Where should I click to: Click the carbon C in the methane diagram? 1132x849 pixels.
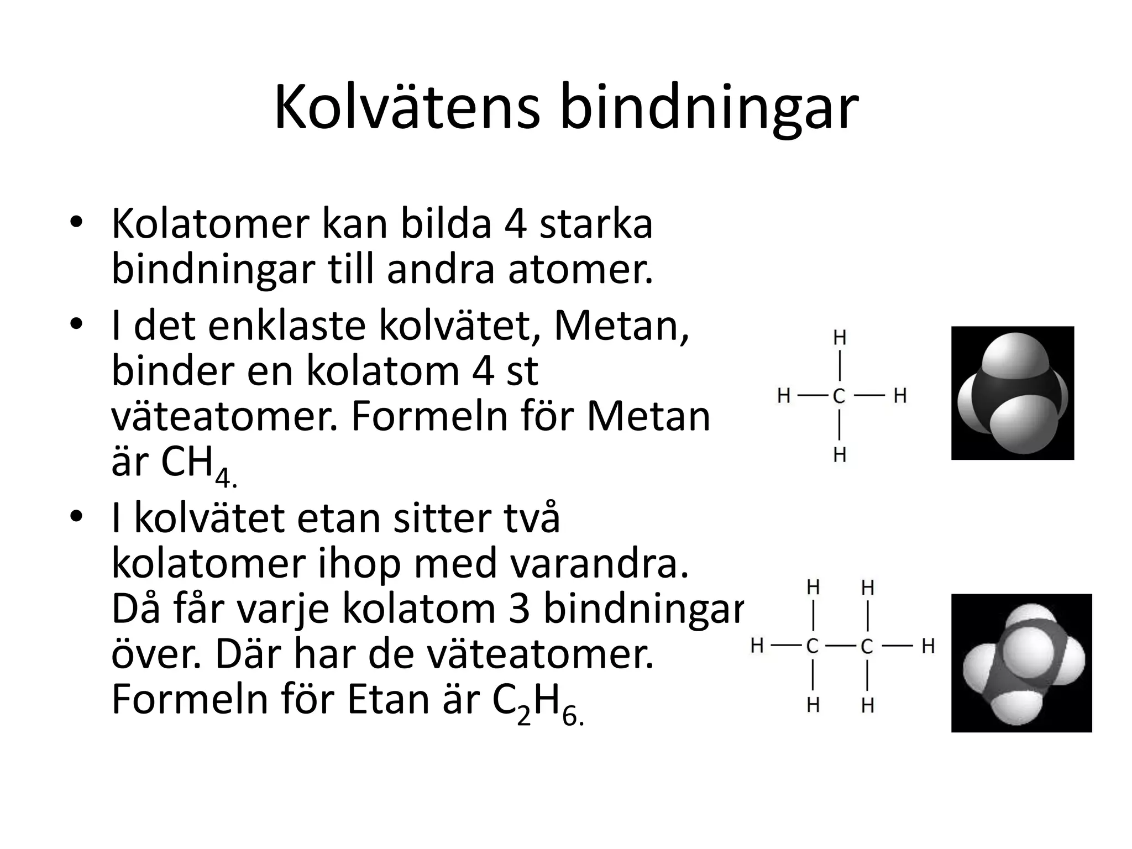tap(839, 396)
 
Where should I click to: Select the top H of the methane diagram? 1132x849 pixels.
tap(839, 337)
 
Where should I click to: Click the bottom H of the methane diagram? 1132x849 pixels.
tap(839, 455)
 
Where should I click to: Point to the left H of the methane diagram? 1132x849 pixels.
tap(783, 396)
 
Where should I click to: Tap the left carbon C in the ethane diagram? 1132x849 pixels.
tap(812, 646)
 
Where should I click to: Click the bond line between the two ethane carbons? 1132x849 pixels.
tap(840, 646)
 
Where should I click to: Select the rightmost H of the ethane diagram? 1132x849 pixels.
tap(928, 646)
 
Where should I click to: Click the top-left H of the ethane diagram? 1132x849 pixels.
tap(813, 587)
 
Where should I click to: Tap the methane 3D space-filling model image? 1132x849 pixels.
tap(1012, 393)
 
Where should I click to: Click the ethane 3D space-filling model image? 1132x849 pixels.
tap(1021, 663)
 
